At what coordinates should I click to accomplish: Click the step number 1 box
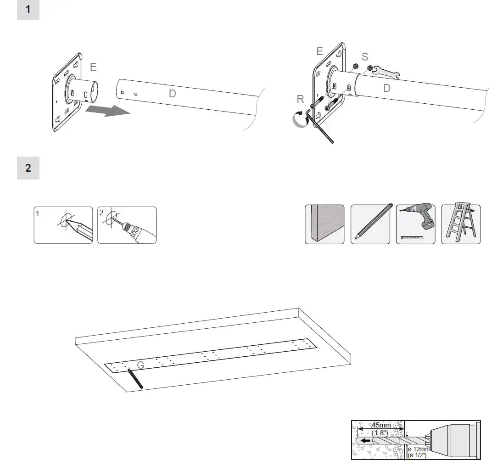[x=28, y=10]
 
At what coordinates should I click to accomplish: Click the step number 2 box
[x=28, y=168]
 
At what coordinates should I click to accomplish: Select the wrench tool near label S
[x=386, y=71]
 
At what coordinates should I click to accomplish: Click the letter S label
[x=365, y=57]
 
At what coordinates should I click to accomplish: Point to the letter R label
[x=301, y=99]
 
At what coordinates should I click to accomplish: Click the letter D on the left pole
[x=173, y=94]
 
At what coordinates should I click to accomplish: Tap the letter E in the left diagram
[x=93, y=67]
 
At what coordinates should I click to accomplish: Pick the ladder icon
[x=461, y=224]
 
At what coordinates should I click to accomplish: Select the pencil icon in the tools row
[x=370, y=224]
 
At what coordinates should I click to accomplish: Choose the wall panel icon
[x=324, y=224]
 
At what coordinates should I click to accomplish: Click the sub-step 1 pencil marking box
[x=63, y=225]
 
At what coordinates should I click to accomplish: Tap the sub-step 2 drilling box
[x=127, y=225]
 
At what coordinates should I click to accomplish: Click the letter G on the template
[x=141, y=365]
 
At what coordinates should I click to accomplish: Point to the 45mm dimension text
[x=381, y=426]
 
